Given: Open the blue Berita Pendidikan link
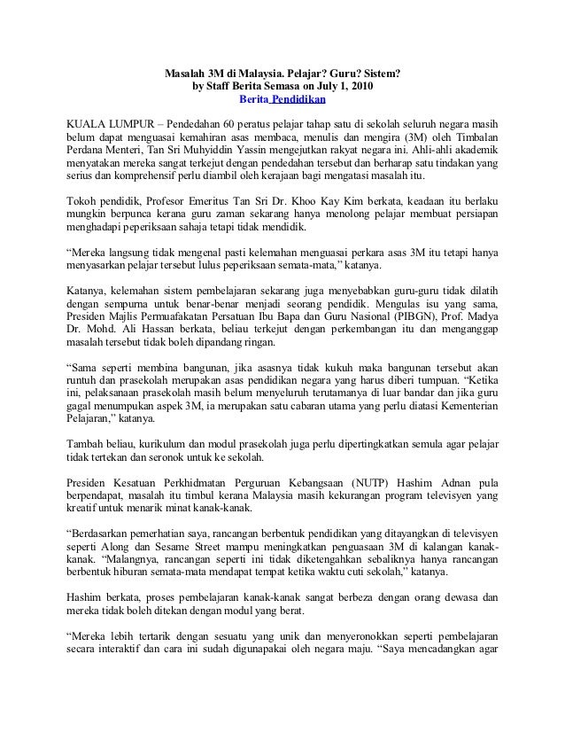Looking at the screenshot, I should [283, 103].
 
